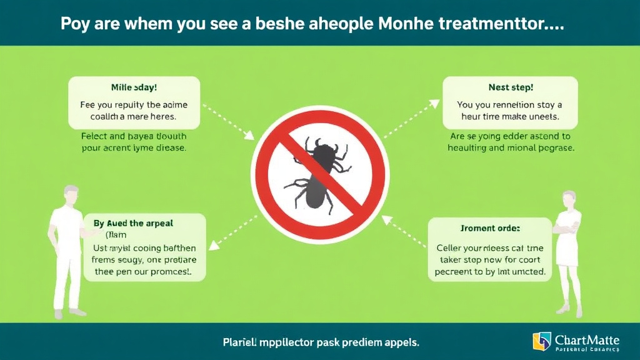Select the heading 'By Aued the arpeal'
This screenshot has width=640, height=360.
click(133, 223)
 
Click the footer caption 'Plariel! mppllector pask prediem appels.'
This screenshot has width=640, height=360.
click(321, 342)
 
